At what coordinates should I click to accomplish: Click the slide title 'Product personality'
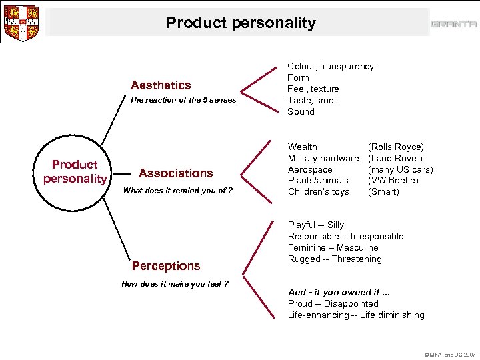point(241,23)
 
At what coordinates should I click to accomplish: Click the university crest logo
point(21,23)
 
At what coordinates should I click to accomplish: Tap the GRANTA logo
point(453,24)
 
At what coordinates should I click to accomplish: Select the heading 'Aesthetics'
point(161,85)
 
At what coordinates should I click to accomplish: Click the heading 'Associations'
point(175,173)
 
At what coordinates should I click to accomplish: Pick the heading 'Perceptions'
point(166,265)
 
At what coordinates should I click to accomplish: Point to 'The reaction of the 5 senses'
point(182,100)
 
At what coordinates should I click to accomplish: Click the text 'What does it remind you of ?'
point(178,190)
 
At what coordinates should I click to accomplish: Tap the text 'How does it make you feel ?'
point(175,283)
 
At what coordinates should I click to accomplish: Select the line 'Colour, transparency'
point(330,66)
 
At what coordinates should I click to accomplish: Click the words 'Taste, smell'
point(313,100)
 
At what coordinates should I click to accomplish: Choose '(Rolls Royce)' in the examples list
point(395,147)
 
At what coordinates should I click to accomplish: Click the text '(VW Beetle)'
point(393,180)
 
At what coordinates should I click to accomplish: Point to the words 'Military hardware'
point(323,158)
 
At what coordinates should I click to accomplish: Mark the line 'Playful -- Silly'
point(315,225)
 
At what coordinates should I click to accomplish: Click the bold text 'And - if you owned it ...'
point(338,292)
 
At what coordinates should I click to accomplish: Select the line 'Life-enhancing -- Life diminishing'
point(355,315)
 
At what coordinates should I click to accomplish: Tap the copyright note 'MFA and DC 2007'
point(450,355)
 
